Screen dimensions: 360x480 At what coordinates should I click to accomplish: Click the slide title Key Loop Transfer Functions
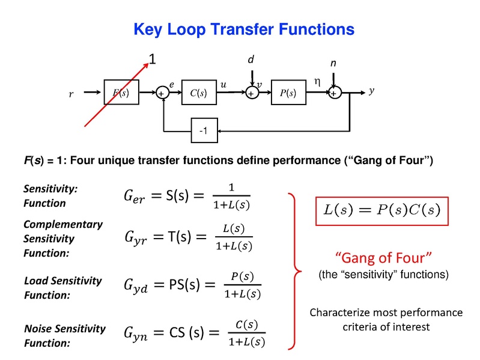click(x=243, y=28)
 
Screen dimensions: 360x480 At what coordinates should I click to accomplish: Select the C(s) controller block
click(x=198, y=93)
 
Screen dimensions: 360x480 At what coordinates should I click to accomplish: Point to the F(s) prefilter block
click(x=121, y=93)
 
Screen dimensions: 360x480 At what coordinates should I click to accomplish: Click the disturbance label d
click(x=251, y=60)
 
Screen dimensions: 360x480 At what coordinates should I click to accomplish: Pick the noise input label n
click(x=334, y=63)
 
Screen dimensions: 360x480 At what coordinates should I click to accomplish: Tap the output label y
click(x=372, y=91)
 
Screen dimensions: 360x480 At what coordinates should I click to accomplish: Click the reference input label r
click(x=71, y=94)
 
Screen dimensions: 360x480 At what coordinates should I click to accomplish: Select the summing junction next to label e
click(x=162, y=93)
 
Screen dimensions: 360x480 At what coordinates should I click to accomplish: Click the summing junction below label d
click(x=251, y=93)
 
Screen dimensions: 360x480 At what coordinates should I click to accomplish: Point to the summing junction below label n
click(x=334, y=93)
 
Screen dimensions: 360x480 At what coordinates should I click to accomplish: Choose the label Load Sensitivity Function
click(x=62, y=288)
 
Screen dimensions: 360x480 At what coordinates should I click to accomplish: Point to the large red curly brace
click(x=293, y=270)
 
